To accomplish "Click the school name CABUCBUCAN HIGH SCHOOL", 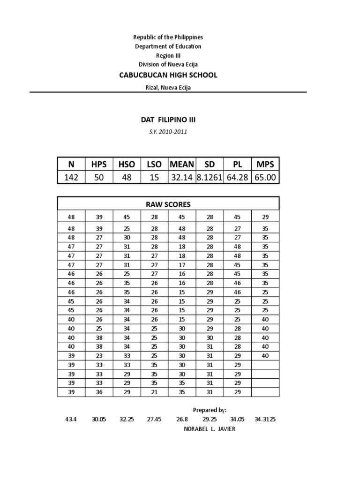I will click(168, 75).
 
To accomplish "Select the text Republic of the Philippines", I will click(168, 37).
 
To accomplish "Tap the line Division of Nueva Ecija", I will click(168, 64).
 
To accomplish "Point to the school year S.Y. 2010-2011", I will click(168, 132).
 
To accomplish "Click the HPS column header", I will click(99, 164).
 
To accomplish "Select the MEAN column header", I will click(182, 164).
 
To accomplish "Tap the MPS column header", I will click(265, 164).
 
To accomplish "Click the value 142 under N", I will click(71, 178).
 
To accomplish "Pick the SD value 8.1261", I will click(210, 178).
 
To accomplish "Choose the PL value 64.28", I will click(238, 178).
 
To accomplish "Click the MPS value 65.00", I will click(265, 178).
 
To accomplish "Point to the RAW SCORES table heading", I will click(168, 204).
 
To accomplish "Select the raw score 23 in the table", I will click(99, 355).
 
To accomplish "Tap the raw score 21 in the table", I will click(154, 392).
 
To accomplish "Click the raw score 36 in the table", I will click(99, 392).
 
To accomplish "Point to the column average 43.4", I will click(71, 420).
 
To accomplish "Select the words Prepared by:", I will click(210, 410).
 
